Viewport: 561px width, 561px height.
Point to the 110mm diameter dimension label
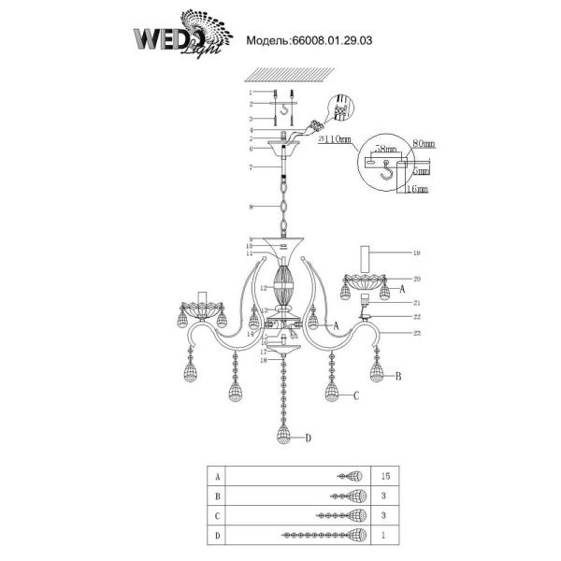point(333,139)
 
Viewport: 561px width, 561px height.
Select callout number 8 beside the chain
point(251,206)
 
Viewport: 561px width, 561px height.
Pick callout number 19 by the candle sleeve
point(416,252)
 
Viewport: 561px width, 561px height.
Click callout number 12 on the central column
point(264,287)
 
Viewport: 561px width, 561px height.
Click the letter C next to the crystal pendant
point(355,396)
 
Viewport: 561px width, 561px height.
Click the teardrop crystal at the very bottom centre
point(283,433)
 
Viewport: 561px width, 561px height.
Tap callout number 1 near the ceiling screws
point(251,93)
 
